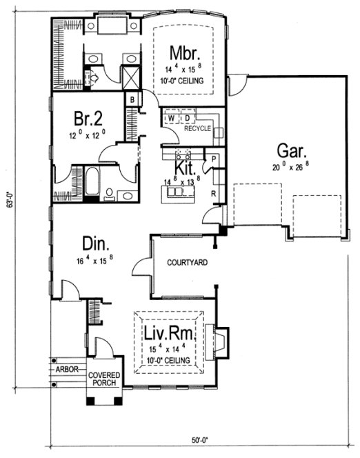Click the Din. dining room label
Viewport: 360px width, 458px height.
(x=96, y=245)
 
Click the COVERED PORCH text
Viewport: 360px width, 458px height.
(x=104, y=379)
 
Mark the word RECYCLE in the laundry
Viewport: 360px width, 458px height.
(x=197, y=128)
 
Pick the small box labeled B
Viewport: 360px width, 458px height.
(x=131, y=100)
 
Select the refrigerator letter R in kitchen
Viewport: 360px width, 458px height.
(x=214, y=194)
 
